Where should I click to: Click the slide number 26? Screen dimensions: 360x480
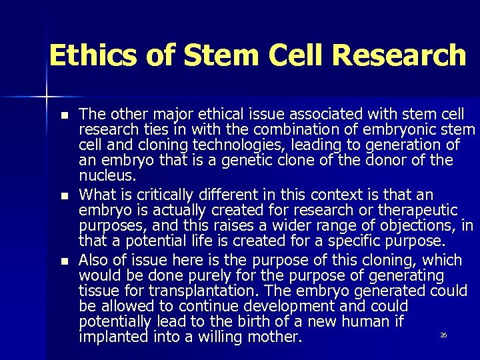(443, 335)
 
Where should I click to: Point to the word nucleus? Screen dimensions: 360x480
(107, 177)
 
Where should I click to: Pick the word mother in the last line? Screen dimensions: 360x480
(275, 337)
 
